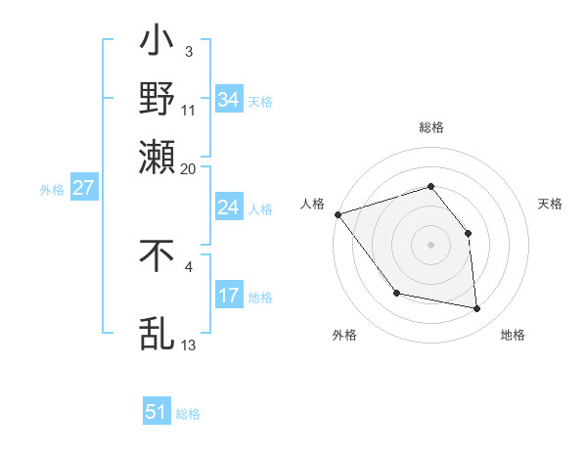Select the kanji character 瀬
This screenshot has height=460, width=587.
click(158, 156)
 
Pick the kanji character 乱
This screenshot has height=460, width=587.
click(158, 332)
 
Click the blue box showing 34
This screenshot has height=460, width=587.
click(229, 99)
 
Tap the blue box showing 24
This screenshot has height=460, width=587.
click(229, 207)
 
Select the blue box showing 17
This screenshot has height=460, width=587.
click(229, 296)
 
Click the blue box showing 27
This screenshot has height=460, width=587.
click(84, 188)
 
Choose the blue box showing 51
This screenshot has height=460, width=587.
click(157, 412)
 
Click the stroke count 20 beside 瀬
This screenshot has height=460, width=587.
click(188, 167)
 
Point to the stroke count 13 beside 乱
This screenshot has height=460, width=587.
click(189, 345)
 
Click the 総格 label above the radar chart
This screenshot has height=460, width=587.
click(430, 128)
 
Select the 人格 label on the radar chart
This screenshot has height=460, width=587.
click(312, 204)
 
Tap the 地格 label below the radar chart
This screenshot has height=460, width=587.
click(513, 336)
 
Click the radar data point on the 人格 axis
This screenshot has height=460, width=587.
click(338, 214)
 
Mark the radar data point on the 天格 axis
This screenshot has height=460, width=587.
click(468, 233)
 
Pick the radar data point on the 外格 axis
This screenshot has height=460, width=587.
click(396, 293)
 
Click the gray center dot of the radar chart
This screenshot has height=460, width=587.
click(430, 245)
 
